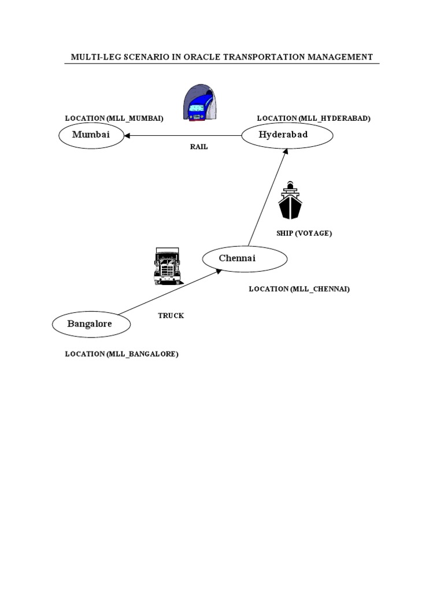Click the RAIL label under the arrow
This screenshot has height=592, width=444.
click(x=199, y=147)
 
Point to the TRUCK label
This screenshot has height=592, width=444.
click(x=171, y=316)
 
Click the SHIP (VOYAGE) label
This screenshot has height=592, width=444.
click(x=304, y=234)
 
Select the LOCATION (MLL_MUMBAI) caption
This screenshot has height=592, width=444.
click(x=114, y=119)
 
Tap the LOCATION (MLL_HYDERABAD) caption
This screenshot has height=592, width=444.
click(x=314, y=119)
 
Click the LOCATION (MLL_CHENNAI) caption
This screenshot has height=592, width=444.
click(x=299, y=289)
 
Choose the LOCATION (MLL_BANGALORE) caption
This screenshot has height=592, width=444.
click(x=121, y=354)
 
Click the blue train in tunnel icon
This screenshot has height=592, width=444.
click(x=200, y=103)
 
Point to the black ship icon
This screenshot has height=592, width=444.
click(x=290, y=200)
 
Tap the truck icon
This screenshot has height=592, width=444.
click(x=168, y=266)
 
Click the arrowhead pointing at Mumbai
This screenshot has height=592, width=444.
click(x=127, y=135)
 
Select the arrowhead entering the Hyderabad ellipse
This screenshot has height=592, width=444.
click(x=286, y=151)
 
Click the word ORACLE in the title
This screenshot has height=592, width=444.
click(x=202, y=57)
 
